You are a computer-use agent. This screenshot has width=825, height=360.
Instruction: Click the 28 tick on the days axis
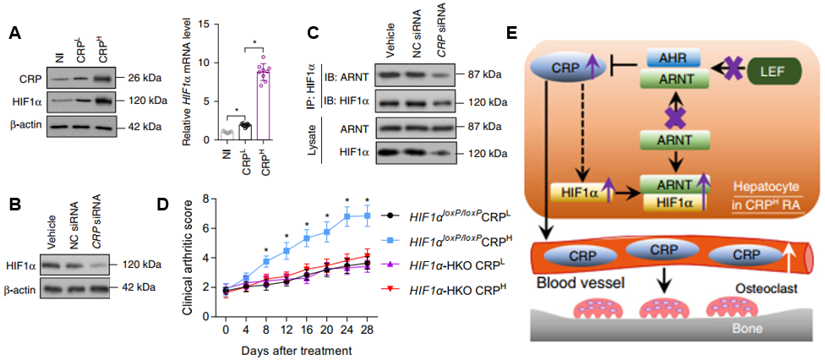367,328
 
